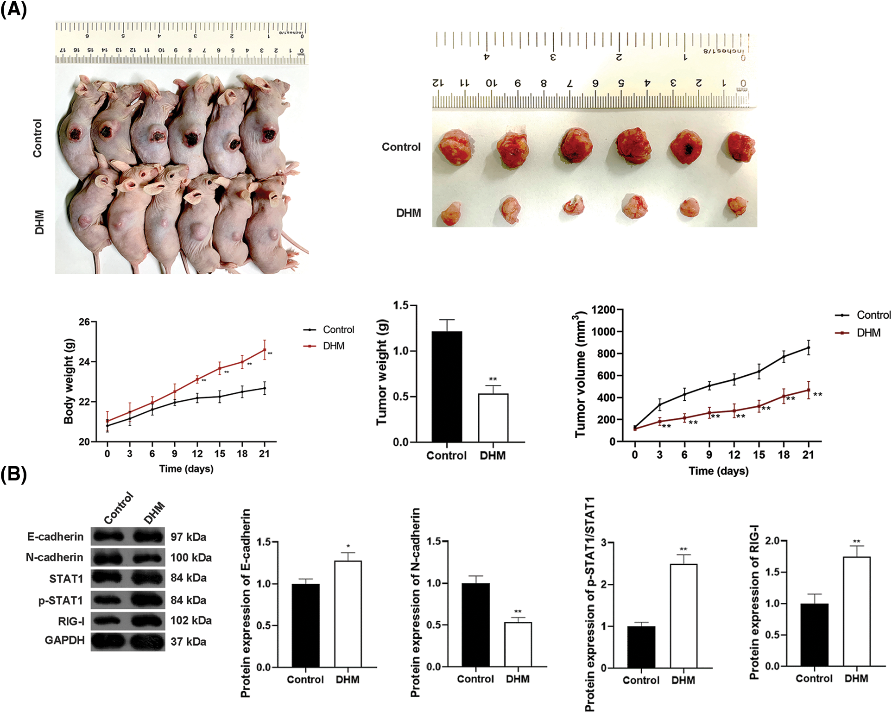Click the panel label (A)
(14, 9)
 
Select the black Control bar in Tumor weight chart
(447, 387)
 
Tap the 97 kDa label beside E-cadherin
(188, 537)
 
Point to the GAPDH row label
(64, 640)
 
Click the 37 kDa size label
(188, 642)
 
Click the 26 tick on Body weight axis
(84, 322)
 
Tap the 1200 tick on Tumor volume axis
(603, 309)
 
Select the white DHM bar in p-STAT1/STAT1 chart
(683, 616)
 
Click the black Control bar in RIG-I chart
(814, 635)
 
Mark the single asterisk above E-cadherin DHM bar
(348, 546)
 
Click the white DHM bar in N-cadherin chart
(518, 644)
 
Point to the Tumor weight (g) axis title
(382, 373)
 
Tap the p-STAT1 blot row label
(61, 600)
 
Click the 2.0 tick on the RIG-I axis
(772, 541)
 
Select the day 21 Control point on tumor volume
(809, 347)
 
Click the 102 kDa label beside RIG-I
(191, 620)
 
